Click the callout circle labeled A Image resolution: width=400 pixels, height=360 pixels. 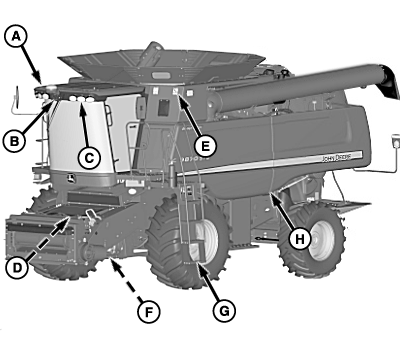pos(14,36)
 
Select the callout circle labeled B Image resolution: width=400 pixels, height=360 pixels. pos(15,142)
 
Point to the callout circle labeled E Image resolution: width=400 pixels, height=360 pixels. pos(204,144)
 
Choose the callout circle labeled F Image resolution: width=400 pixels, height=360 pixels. pos(148,313)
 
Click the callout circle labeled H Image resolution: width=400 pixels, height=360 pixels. pos(299,238)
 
